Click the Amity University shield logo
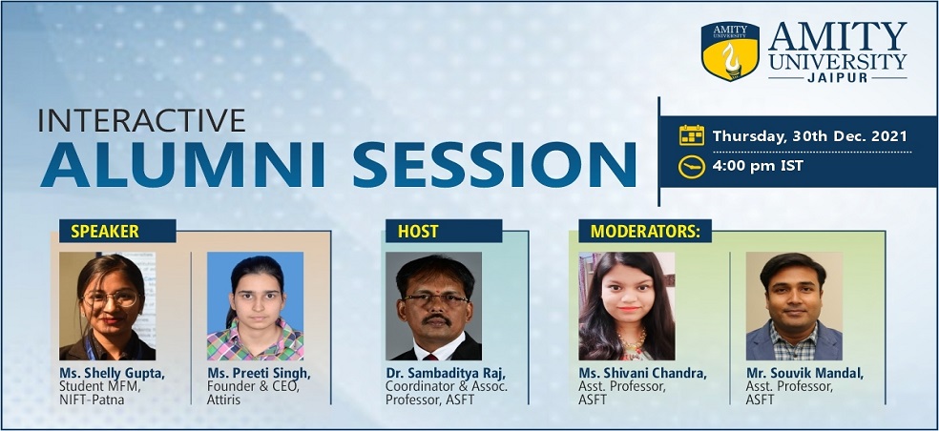coord(730,51)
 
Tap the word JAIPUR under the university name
coord(837,78)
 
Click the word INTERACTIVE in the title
coord(142,120)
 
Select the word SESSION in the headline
coord(494,165)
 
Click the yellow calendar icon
coord(692,135)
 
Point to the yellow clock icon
coord(692,167)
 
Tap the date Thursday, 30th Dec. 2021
coord(809,136)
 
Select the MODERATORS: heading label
coord(645,231)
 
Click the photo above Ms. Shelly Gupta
coord(107,306)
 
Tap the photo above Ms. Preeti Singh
coord(255,306)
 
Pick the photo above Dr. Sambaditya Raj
coord(433,306)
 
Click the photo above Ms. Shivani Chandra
coord(626,306)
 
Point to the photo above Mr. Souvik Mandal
coord(794,306)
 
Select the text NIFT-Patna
coord(92,400)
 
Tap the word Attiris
coord(223,400)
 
